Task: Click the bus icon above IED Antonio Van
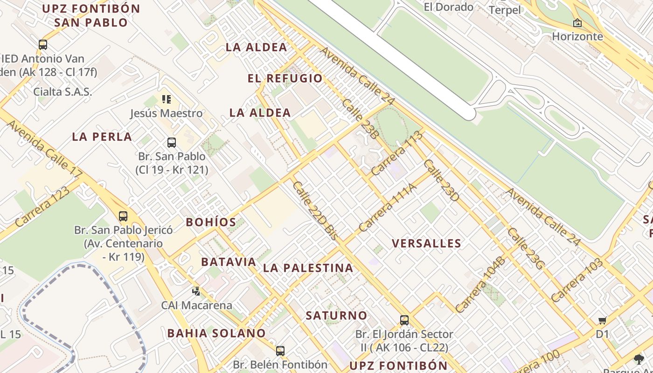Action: [x=43, y=45]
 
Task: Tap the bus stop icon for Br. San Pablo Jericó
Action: [x=123, y=216]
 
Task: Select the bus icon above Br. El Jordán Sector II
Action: [x=404, y=320]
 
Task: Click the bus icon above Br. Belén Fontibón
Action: [x=280, y=351]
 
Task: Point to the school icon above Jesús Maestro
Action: [x=167, y=99]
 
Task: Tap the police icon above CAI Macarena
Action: [x=196, y=291]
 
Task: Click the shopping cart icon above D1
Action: [x=602, y=320]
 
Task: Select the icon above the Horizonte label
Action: [x=577, y=22]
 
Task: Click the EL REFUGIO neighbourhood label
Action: [x=285, y=78]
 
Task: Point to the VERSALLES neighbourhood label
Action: [x=426, y=243]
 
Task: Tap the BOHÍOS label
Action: [x=211, y=222]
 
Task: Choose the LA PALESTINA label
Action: [x=308, y=268]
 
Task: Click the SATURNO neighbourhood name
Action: [x=336, y=316]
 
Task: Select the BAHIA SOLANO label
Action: [x=216, y=333]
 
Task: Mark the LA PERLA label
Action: [x=102, y=137]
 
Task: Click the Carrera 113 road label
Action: [x=397, y=153]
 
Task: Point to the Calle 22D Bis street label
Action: [x=315, y=211]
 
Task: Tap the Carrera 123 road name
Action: [x=42, y=207]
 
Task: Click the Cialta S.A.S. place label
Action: [x=63, y=91]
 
